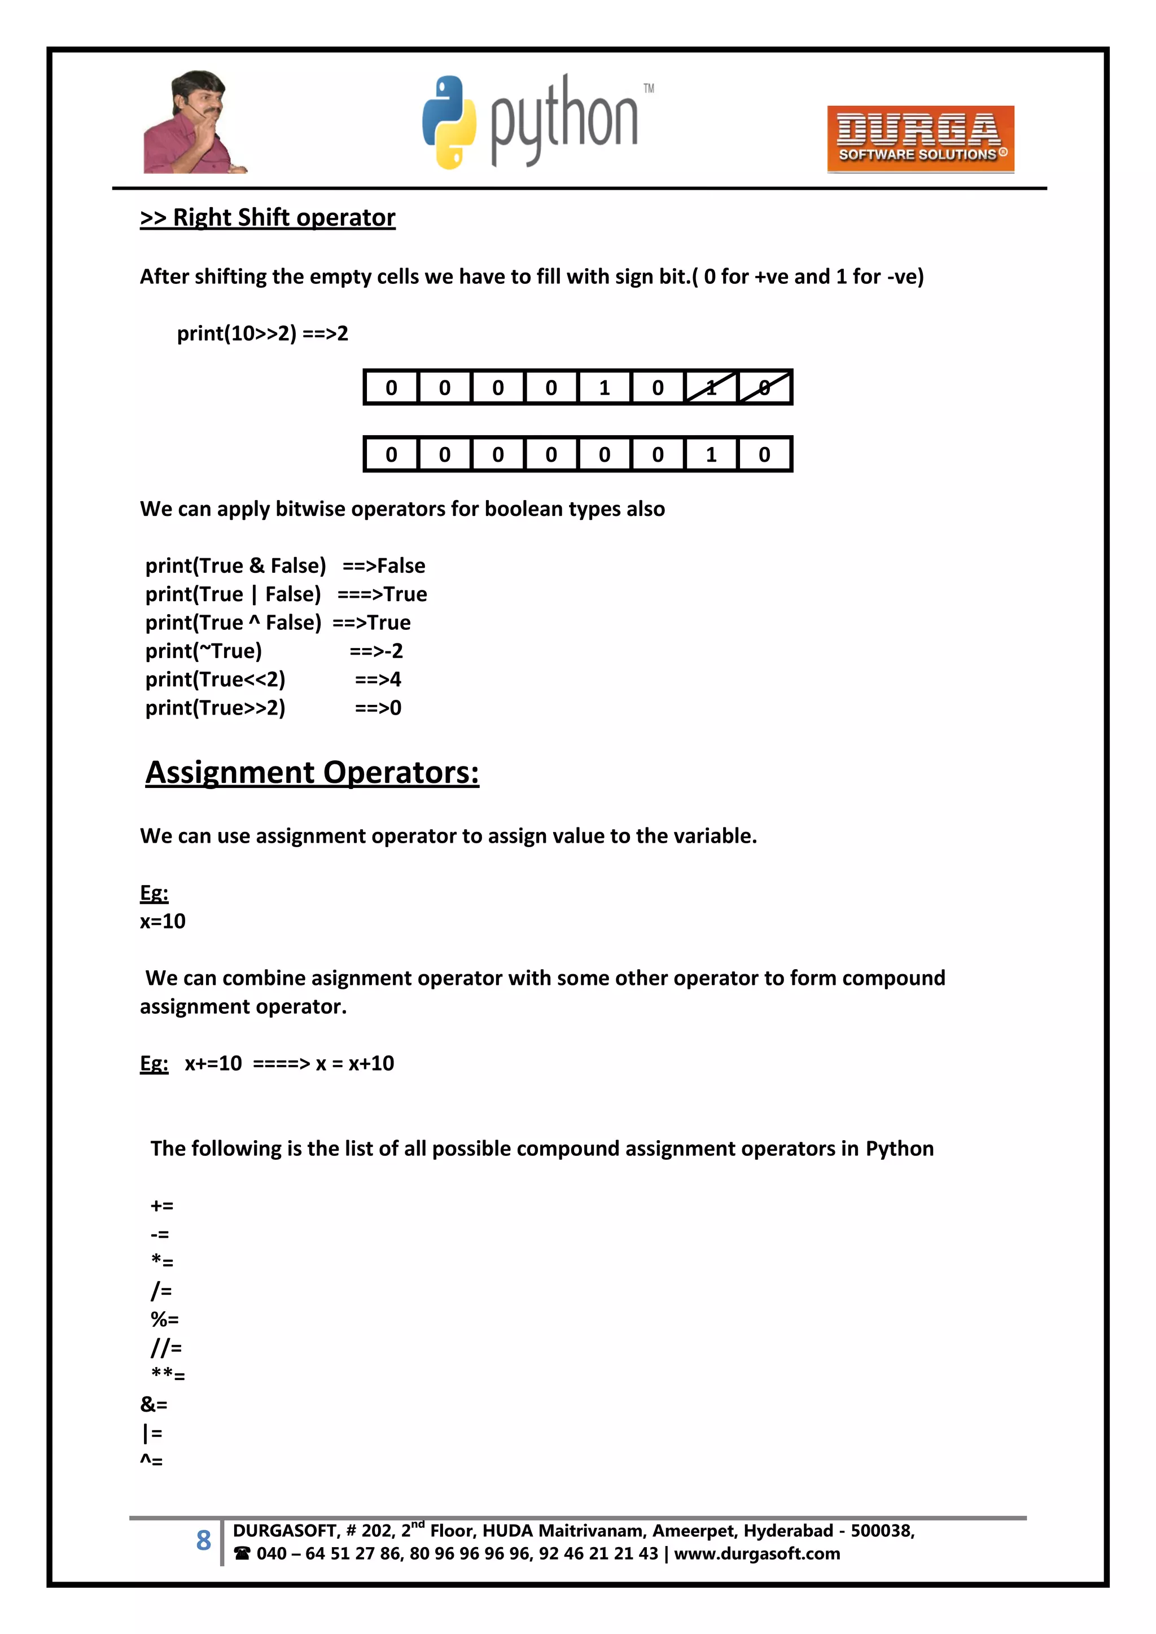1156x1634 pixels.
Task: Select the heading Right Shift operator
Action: tap(268, 218)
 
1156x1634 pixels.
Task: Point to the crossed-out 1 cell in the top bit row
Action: tap(711, 388)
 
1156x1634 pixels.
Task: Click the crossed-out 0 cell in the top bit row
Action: tap(764, 388)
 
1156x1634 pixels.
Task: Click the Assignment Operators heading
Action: tap(312, 773)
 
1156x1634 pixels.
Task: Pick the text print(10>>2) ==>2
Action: tap(262, 334)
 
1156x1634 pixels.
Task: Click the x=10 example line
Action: tap(163, 922)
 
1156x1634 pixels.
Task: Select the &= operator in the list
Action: tap(154, 1405)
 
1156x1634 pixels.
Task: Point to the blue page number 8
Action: tap(204, 1541)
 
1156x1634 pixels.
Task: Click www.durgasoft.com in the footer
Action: tap(757, 1554)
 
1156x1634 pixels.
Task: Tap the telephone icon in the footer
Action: tap(242, 1554)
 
